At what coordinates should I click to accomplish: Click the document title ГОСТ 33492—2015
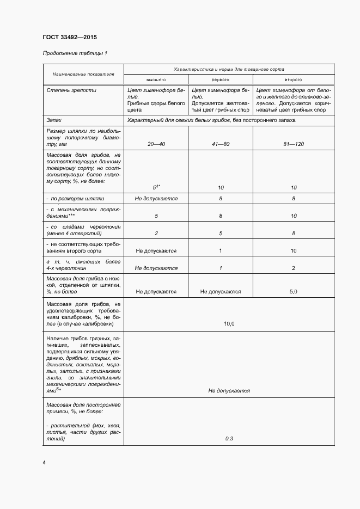click(69, 38)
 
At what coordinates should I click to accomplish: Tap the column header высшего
click(156, 79)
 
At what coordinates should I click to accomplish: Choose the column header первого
click(221, 79)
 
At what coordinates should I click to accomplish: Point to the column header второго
click(294, 79)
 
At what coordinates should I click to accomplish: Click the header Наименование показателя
click(83, 74)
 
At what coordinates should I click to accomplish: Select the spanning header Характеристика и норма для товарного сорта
click(229, 69)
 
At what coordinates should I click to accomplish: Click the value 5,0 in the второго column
click(294, 292)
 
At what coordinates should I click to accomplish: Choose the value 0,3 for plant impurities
click(229, 438)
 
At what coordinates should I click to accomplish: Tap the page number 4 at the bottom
click(44, 462)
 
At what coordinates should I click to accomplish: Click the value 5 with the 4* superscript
click(155, 187)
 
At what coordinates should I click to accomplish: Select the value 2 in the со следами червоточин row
click(156, 234)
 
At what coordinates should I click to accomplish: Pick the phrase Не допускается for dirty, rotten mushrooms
click(229, 390)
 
